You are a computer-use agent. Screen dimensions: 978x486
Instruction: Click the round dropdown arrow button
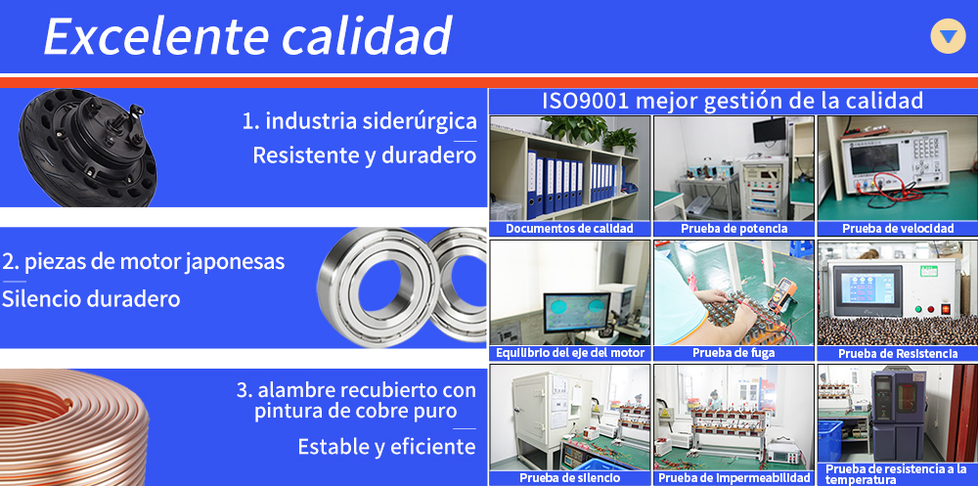click(x=948, y=36)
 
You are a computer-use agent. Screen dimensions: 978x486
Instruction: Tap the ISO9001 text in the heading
click(x=585, y=101)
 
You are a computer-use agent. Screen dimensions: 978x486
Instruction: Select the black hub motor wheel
click(x=88, y=148)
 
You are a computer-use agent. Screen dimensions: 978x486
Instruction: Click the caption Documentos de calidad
click(x=569, y=229)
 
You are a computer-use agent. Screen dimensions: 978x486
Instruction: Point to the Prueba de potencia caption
click(x=733, y=229)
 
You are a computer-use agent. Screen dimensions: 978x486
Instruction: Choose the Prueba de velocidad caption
click(x=898, y=229)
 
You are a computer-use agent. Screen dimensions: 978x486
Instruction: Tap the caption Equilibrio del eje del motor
click(x=570, y=353)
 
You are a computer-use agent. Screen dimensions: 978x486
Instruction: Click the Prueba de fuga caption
click(x=733, y=353)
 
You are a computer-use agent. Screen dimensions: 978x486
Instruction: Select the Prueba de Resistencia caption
click(x=898, y=354)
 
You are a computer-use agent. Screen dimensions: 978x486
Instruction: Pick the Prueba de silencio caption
click(x=569, y=478)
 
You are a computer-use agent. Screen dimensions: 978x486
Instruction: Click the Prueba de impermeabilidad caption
click(x=733, y=478)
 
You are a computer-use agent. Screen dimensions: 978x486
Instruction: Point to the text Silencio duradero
click(x=91, y=299)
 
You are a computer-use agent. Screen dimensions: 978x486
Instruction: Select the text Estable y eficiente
click(x=386, y=447)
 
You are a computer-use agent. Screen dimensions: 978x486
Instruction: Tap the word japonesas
click(x=236, y=262)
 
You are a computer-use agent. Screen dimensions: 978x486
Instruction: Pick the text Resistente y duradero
click(x=364, y=155)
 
